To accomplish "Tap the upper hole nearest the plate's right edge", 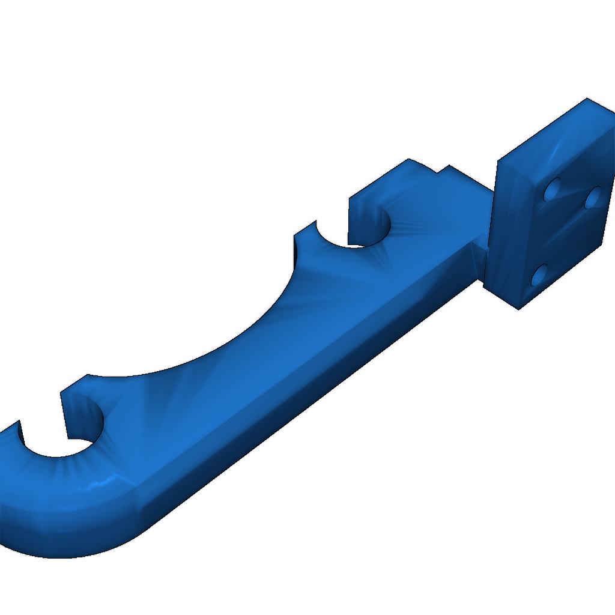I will [x=593, y=196].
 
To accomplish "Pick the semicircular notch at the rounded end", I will [x=60, y=441].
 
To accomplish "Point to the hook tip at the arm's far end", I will [x=12, y=429].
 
